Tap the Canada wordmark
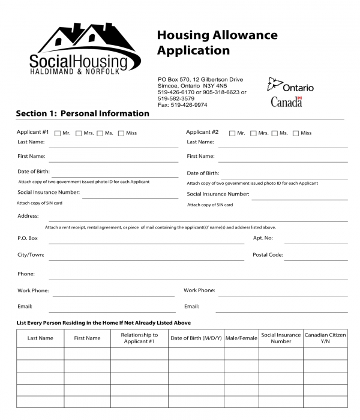[286, 101]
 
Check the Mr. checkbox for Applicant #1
[58, 133]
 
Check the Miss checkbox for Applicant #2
[296, 133]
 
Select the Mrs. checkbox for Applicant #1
[79, 133]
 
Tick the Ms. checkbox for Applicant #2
[275, 133]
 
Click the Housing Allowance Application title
[217, 43]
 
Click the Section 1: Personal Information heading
[82, 113]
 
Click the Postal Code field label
[268, 255]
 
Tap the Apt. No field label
[263, 238]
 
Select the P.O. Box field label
[28, 238]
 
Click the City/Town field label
[31, 255]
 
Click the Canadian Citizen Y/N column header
[325, 338]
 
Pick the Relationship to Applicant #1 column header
[139, 338]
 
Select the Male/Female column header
[241, 338]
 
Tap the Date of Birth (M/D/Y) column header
[196, 338]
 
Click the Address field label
[28, 216]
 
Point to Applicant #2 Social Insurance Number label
[218, 194]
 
